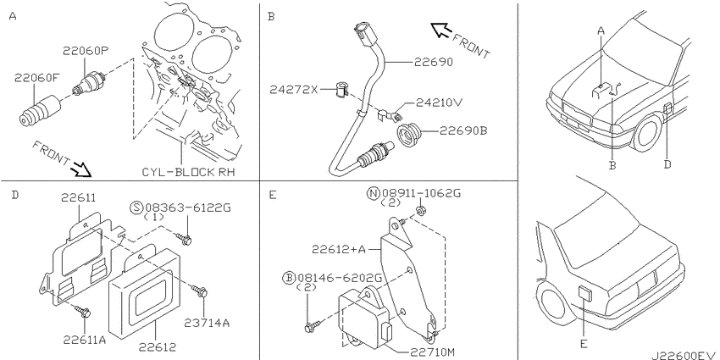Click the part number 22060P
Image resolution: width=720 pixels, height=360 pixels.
pos(86,52)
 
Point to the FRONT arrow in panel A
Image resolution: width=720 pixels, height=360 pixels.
pos(80,171)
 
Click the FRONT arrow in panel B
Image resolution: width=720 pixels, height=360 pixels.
pos(441,30)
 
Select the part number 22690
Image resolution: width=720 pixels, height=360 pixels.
pos(433,62)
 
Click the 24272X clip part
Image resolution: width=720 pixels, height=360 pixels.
pos(341,90)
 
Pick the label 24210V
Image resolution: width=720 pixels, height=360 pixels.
pos(439,102)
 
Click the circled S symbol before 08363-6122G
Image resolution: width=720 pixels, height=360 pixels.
pos(136,208)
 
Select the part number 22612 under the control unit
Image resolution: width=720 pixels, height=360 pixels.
pos(157,346)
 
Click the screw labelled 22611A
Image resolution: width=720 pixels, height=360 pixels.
pos(83,312)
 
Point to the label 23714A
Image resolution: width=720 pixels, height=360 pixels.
pos(207,323)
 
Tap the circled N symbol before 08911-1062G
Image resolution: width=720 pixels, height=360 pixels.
pos(373,193)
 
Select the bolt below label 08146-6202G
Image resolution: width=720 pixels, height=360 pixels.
pos(310,327)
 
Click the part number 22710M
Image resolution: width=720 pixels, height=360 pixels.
pos(432,352)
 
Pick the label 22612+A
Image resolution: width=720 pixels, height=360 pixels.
pos(339,249)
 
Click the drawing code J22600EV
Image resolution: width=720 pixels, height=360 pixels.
pos(684,354)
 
